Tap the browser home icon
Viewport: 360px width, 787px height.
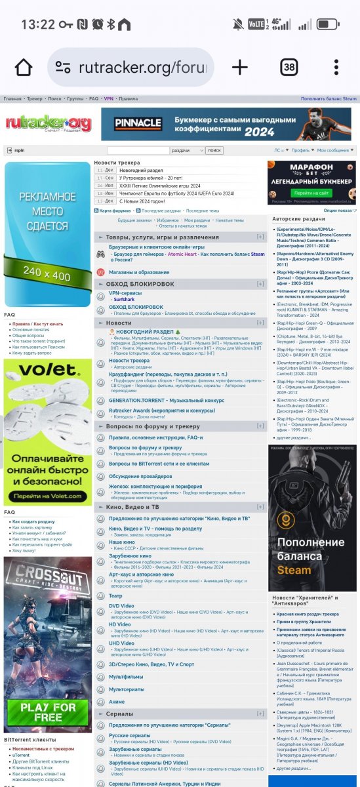coord(23,68)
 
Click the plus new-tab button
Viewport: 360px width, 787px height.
coord(240,68)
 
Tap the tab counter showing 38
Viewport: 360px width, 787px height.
coord(289,68)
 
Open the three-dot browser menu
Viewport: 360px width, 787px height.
coord(336,68)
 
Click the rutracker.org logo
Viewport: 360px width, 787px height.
coord(49,123)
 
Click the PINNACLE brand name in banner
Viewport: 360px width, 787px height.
coord(138,123)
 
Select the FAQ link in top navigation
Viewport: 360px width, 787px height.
coord(94,98)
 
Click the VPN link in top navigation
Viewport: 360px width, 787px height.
coord(108,98)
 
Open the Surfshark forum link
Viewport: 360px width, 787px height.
coord(124,298)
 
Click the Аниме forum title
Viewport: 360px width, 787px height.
coord(116,702)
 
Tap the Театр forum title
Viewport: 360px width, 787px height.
coord(115,596)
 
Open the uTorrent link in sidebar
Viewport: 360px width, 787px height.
coord(21,756)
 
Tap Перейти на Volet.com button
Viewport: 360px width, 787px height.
coord(47,496)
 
